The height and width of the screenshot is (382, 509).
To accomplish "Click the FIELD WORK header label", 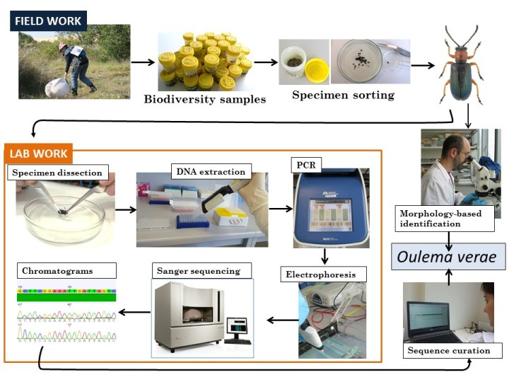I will (x=48, y=21).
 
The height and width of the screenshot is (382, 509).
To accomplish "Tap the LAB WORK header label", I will (x=40, y=153).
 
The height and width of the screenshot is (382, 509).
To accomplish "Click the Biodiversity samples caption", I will (x=205, y=99).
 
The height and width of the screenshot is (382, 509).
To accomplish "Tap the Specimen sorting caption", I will (x=343, y=95).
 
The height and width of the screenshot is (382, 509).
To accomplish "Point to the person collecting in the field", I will (x=74, y=67).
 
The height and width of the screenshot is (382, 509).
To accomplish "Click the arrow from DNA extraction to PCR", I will (x=281, y=209).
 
